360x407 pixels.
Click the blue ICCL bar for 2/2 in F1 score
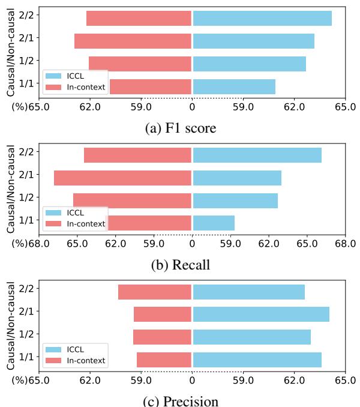tap(262, 18)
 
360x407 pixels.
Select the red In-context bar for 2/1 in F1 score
tap(133, 41)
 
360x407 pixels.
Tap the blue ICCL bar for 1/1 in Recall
tap(214, 223)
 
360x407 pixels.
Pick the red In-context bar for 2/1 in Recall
tap(122, 178)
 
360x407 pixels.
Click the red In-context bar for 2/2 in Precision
tap(155, 292)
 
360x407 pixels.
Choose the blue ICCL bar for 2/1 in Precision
tap(261, 314)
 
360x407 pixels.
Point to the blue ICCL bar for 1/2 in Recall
tap(235, 200)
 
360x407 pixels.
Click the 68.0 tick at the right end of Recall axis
tap(346, 244)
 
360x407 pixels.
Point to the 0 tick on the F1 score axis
tap(192, 107)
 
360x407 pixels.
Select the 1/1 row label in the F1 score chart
tap(26, 83)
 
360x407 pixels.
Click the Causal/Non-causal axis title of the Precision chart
tap(10, 324)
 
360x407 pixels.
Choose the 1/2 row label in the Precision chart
tap(26, 334)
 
